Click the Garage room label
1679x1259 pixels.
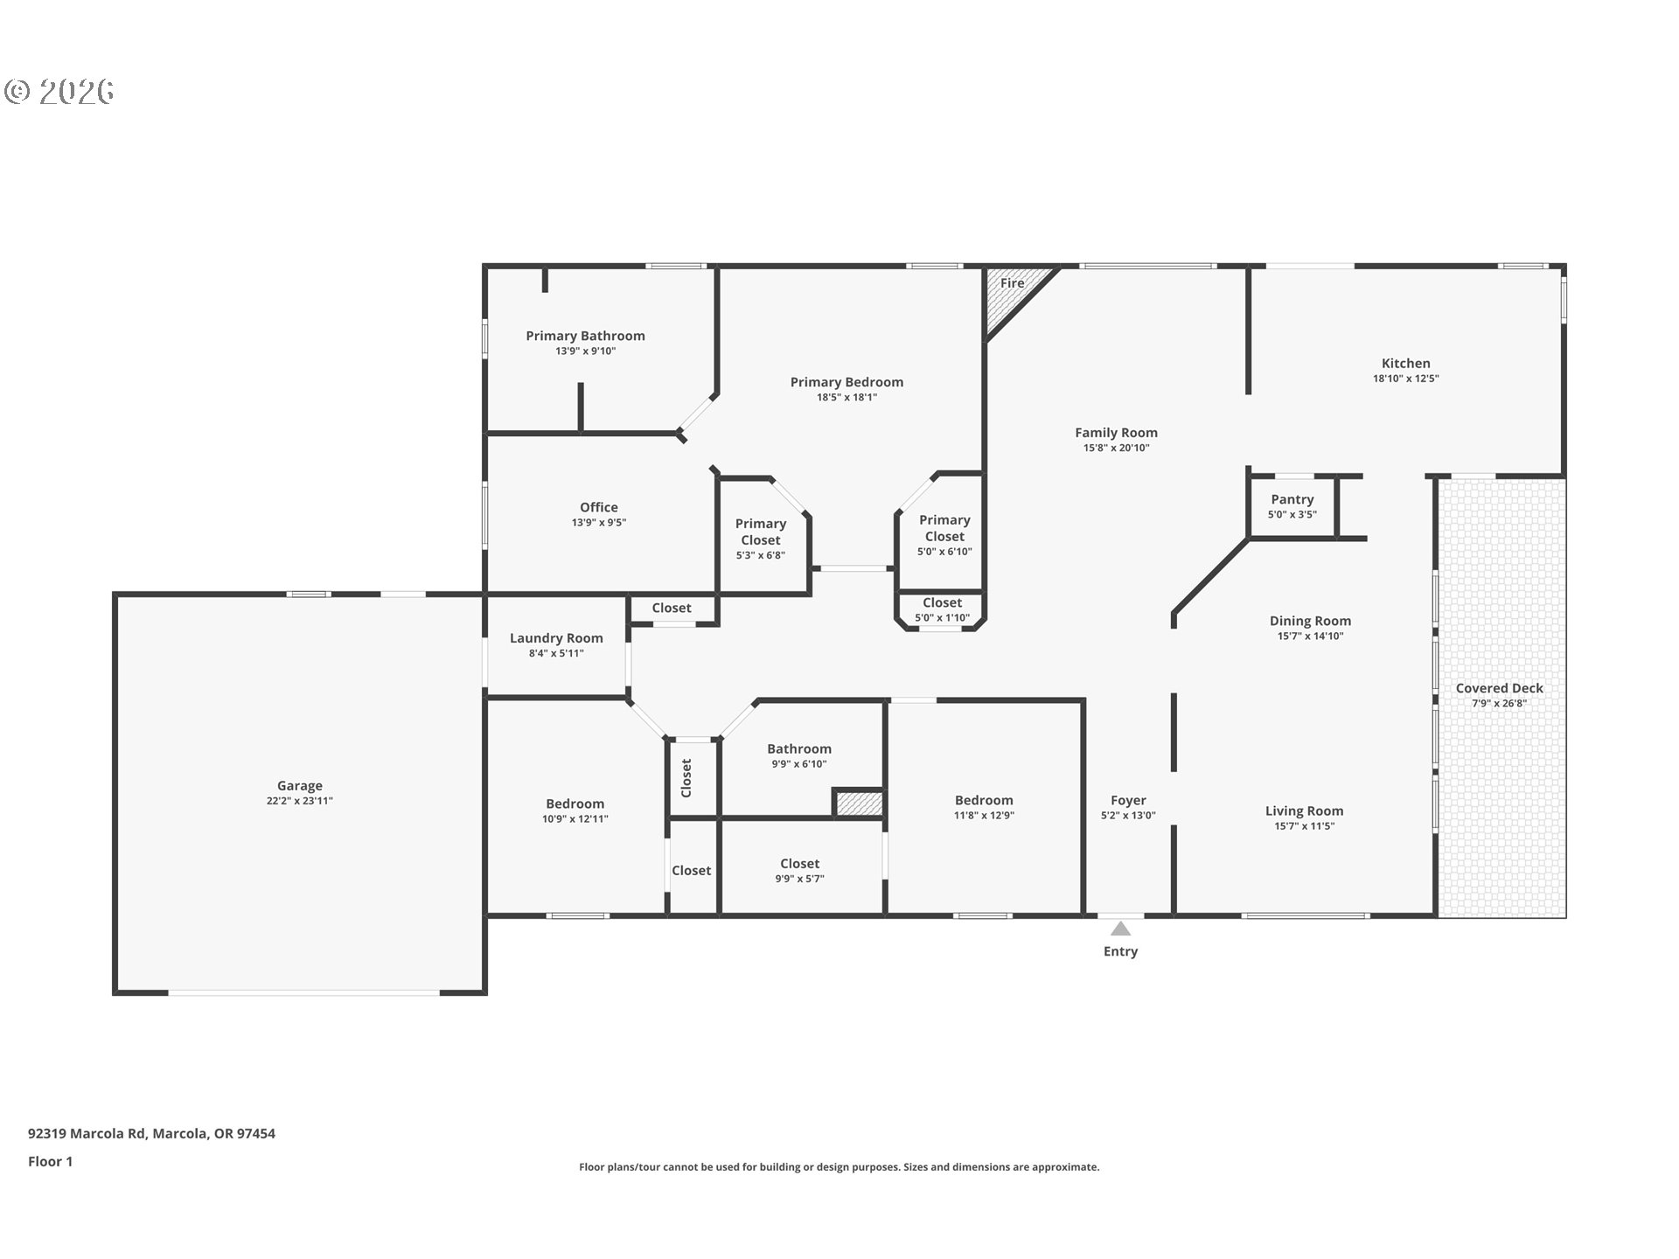[300, 785]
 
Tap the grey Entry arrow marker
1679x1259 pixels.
[1120, 929]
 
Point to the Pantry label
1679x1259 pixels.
[1292, 499]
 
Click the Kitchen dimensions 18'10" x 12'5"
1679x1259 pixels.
[1406, 379]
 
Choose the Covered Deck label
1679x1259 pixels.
[1500, 688]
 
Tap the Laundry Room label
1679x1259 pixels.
[556, 638]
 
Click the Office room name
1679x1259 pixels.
[599, 507]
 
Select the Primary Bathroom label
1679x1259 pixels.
[586, 336]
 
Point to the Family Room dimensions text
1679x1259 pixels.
[1117, 448]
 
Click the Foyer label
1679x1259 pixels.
[1128, 800]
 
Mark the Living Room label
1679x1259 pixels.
[1305, 811]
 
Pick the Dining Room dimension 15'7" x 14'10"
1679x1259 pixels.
[1310, 636]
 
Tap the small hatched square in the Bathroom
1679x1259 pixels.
[858, 803]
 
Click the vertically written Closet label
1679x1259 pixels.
[686, 777]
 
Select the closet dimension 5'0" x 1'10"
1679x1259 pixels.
[943, 618]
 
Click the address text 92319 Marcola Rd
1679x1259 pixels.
[87, 1133]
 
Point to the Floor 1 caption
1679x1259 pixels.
[50, 1161]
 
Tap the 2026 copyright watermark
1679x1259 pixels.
[59, 91]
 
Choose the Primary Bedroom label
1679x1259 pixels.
[846, 382]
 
